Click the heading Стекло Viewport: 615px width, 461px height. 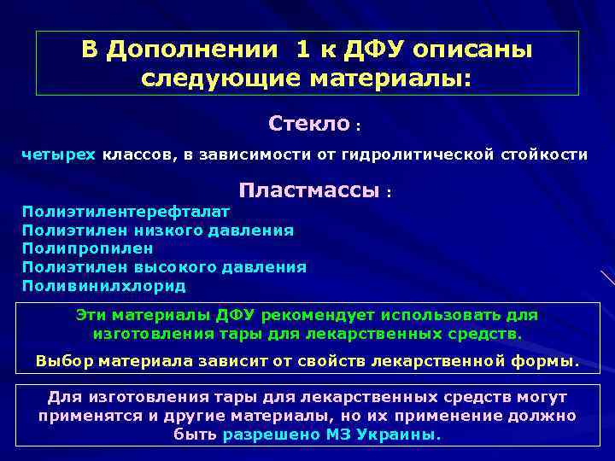click(x=308, y=124)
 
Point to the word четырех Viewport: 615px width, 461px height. click(x=58, y=155)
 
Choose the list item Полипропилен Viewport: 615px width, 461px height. click(x=88, y=248)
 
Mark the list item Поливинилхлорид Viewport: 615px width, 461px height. click(x=103, y=286)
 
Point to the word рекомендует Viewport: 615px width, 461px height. click(x=313, y=314)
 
